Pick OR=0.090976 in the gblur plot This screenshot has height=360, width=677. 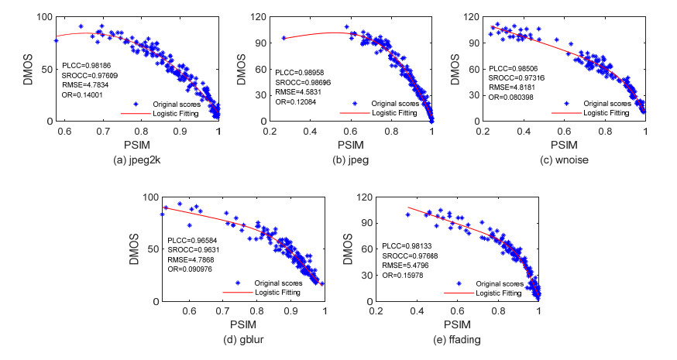[x=194, y=269]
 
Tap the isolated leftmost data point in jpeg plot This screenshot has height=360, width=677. [x=284, y=37]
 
